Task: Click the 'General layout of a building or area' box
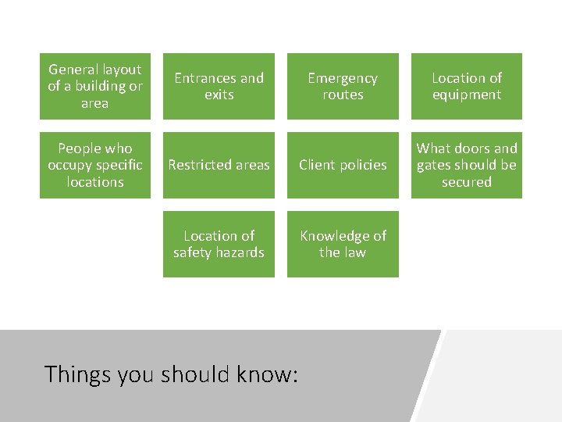[95, 86]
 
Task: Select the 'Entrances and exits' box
[219, 86]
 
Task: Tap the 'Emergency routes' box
[343, 86]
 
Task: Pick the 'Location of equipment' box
[467, 86]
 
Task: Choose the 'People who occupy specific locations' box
[95, 165]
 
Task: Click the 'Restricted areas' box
[219, 165]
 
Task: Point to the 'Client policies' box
[343, 165]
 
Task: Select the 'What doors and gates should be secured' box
[467, 165]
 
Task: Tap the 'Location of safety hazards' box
[219, 244]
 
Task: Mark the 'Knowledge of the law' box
[343, 244]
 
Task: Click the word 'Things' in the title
[78, 374]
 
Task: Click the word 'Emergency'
[343, 78]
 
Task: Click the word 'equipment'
[467, 95]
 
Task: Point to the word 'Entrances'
[205, 78]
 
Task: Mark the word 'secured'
[467, 182]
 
